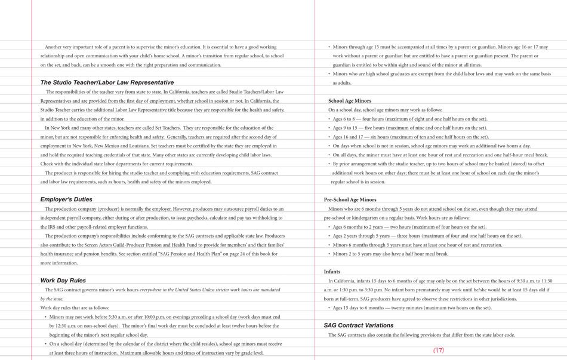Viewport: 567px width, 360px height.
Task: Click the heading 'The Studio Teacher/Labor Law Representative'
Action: [107, 82]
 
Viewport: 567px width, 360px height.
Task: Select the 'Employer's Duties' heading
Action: [66, 199]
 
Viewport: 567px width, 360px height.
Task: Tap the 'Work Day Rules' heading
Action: [63, 280]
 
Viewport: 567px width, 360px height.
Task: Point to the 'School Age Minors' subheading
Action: [349, 101]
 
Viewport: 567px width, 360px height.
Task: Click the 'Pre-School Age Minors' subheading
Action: [350, 199]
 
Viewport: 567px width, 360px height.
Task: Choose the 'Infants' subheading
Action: [332, 272]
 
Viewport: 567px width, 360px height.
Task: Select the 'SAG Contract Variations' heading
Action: [358, 325]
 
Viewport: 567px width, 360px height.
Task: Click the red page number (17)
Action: [439, 350]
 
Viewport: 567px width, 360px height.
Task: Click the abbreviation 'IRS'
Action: [48, 227]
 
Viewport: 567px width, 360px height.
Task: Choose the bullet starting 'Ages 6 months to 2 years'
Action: [409, 227]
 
